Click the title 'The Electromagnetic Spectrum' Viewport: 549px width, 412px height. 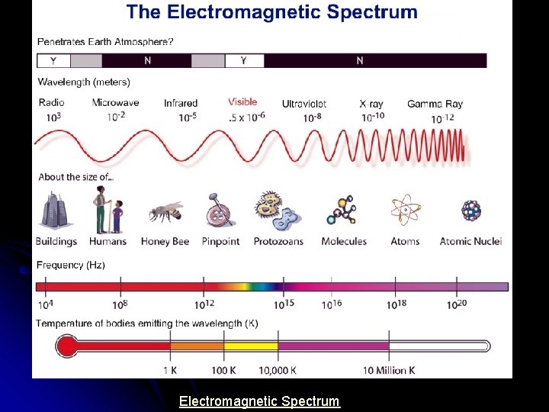272,12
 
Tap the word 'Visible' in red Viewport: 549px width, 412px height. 242,102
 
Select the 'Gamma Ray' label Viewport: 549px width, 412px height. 435,104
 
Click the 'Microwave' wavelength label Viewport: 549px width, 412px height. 115,103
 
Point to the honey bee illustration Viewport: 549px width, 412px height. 165,212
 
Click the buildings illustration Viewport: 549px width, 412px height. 56,211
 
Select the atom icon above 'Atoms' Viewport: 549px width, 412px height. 405,211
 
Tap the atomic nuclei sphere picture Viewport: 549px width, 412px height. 470,211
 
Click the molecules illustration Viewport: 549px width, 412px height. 343,211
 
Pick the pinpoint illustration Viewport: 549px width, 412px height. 220,211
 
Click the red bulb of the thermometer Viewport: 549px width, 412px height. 67,347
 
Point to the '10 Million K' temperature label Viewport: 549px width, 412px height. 389,370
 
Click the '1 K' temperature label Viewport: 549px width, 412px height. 170,370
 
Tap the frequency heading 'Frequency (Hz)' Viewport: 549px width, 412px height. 71,266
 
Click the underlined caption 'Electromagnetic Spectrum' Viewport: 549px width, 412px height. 259,401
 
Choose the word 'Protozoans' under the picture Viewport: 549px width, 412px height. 278,241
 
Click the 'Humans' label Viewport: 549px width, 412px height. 108,241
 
